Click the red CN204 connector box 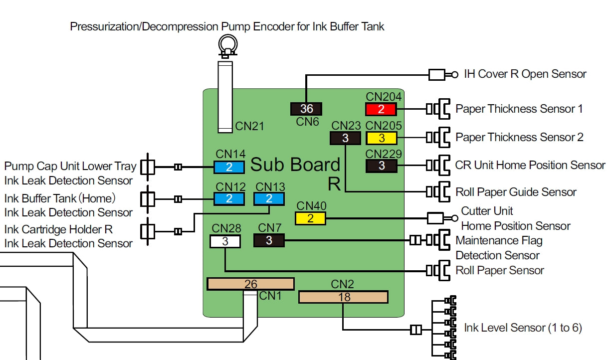[382, 109]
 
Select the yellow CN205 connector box [382, 138]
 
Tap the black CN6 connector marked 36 [306, 109]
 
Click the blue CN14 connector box [229, 167]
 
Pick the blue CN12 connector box [229, 198]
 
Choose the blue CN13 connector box [269, 198]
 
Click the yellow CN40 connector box [310, 218]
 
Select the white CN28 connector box [225, 241]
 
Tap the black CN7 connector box [269, 241]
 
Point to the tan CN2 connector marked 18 [343, 297]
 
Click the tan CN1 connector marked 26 [250, 284]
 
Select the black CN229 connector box [382, 166]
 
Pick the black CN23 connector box [345, 138]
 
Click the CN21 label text [250, 126]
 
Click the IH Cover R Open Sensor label [525, 74]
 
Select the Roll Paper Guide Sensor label [516, 192]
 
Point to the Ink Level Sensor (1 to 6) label [523, 328]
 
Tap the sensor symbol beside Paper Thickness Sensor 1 [438, 109]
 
